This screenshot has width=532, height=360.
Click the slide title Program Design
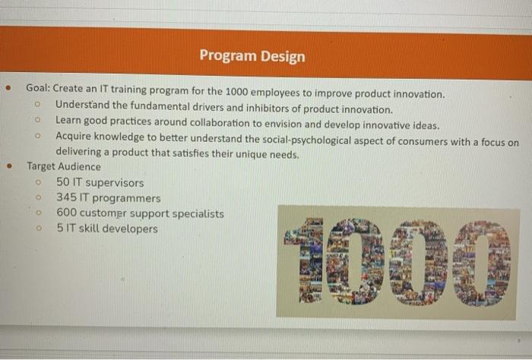(x=252, y=56)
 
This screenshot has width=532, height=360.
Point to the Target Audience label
(x=63, y=166)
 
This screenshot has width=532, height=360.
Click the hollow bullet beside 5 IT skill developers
(x=36, y=229)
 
